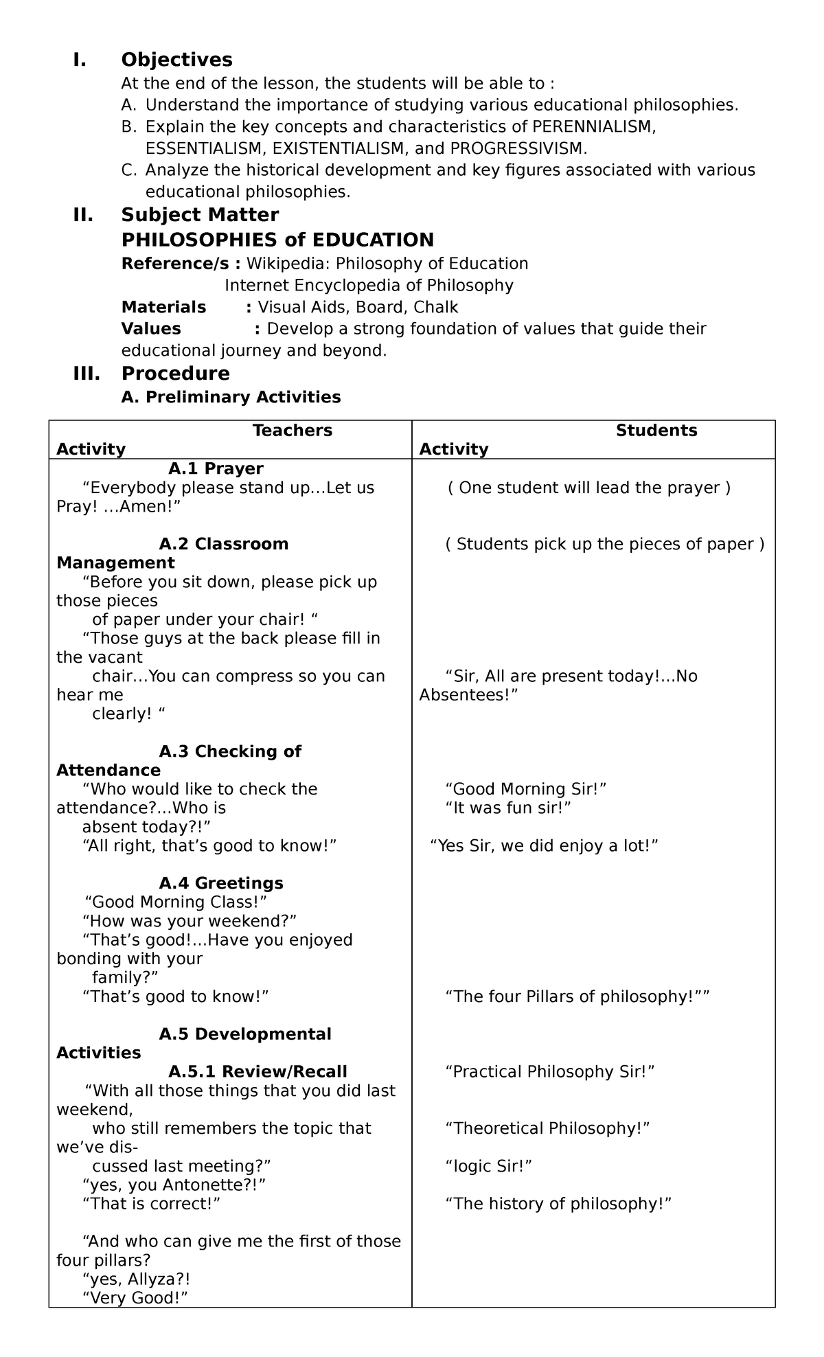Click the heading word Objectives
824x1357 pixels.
coord(176,60)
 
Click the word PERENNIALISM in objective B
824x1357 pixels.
coord(591,126)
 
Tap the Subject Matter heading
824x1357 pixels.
coord(200,215)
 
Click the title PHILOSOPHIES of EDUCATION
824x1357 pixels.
coord(277,240)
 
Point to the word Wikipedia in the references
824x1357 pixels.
coord(288,264)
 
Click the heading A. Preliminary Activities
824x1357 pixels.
coord(231,397)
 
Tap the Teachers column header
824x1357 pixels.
coord(292,431)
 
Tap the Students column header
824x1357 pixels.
coord(656,431)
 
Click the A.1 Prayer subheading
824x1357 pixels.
coord(216,468)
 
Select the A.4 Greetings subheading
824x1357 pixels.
coord(220,883)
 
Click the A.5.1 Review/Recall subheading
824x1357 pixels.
coord(257,1071)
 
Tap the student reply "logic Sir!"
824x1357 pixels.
coord(489,1165)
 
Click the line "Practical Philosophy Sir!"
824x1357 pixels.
coord(549,1071)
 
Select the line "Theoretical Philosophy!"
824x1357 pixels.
coord(547,1128)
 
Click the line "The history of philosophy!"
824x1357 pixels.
coord(558,1203)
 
